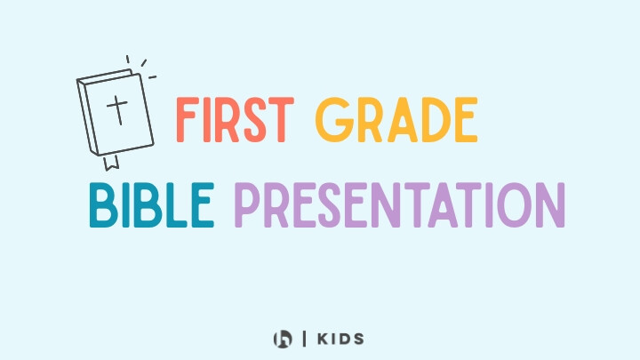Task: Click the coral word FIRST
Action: click(x=235, y=120)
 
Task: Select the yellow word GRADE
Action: click(x=396, y=120)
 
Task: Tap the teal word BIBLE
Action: click(x=152, y=205)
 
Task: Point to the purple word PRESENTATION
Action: click(x=400, y=205)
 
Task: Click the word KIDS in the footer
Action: click(x=340, y=339)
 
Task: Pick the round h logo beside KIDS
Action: click(x=283, y=340)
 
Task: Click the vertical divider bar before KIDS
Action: click(x=305, y=339)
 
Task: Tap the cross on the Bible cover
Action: click(x=117, y=110)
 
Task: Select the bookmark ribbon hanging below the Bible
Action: click(x=111, y=163)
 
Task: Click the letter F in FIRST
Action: click(x=187, y=120)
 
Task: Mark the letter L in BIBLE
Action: click(x=175, y=205)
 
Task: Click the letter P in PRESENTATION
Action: click(x=247, y=205)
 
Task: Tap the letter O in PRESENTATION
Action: click(x=514, y=205)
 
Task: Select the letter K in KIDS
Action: click(x=324, y=339)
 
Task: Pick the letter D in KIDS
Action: click(x=344, y=339)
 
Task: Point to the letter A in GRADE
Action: click(x=403, y=120)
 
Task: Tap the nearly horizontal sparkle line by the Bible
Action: click(x=152, y=76)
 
